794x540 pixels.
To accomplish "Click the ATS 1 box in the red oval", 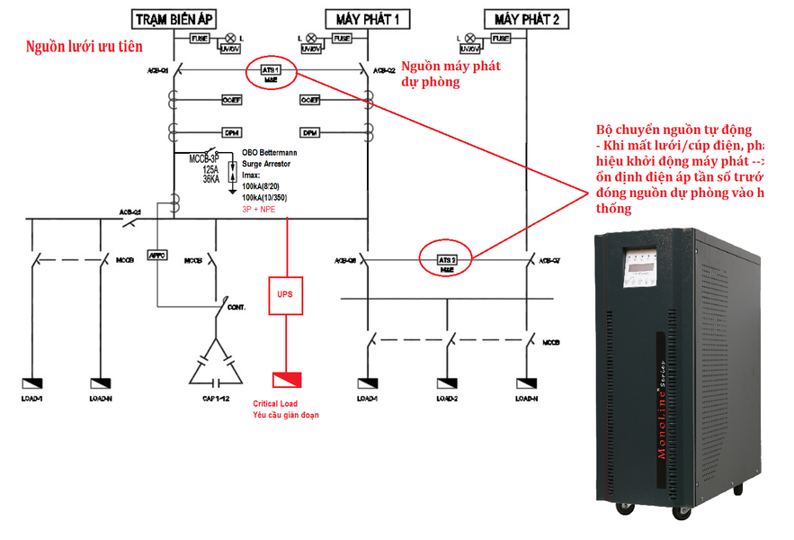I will [271, 68].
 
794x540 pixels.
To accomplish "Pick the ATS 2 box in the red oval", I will [447, 259].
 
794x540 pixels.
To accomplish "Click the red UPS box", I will [285, 295].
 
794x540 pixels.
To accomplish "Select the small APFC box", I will [157, 256].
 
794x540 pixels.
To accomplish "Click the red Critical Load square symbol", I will [289, 380].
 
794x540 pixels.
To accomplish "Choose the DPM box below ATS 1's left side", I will [230, 133].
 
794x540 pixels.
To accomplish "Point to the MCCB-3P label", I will [203, 159].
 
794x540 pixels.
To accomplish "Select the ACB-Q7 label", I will [548, 259].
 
